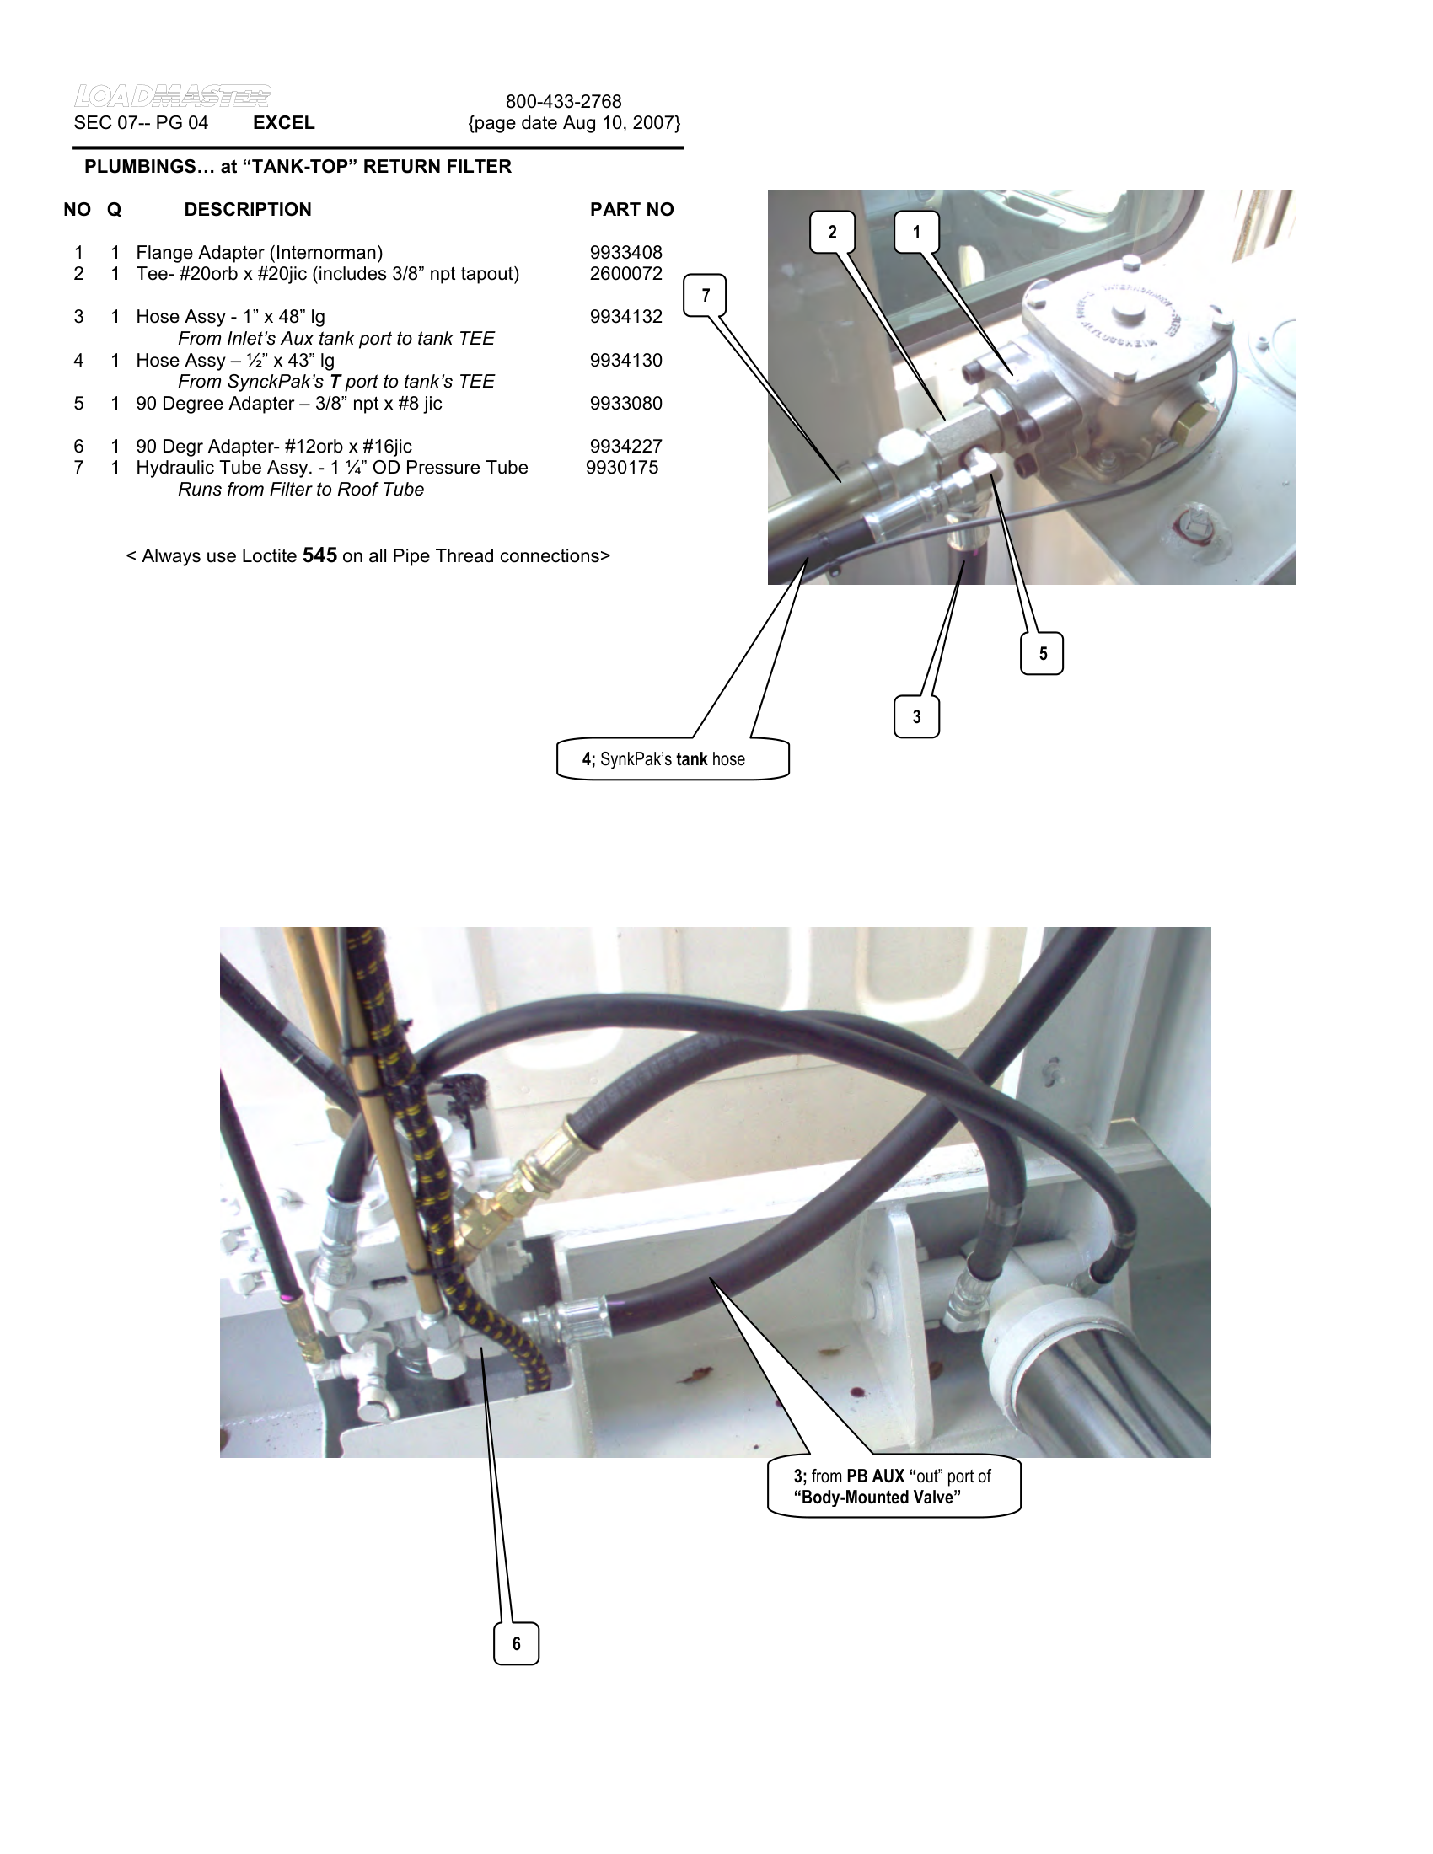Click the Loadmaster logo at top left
172,96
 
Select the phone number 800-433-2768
564,102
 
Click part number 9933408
625,253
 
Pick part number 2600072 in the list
625,274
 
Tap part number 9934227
625,447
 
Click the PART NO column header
631,210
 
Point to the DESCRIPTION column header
247,210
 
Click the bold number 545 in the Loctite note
319,556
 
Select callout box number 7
705,296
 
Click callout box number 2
832,232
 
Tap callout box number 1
916,232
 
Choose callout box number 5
1042,654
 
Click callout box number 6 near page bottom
516,1643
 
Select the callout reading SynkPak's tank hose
672,759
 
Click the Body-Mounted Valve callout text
893,1487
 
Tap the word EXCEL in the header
283,123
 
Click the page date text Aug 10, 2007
574,123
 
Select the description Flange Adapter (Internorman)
259,253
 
